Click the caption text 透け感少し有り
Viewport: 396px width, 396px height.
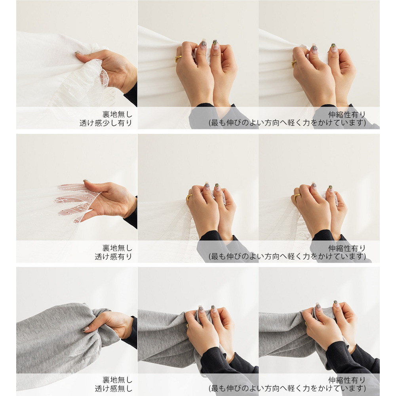pyautogui.click(x=106, y=123)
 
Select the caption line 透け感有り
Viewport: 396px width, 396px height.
pyautogui.click(x=113, y=257)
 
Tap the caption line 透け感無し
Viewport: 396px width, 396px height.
pyautogui.click(x=113, y=388)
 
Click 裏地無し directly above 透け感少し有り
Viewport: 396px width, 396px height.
pyautogui.click(x=117, y=114)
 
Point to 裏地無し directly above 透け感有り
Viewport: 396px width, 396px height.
pyautogui.click(x=117, y=248)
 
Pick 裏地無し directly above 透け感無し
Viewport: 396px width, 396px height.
pyautogui.click(x=117, y=380)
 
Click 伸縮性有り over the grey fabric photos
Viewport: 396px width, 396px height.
pyautogui.click(x=347, y=380)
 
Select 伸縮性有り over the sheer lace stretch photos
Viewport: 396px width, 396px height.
pyautogui.click(x=347, y=248)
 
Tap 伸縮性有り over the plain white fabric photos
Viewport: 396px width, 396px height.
pyautogui.click(x=347, y=114)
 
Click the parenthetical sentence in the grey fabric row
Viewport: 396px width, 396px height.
pyautogui.click(x=287, y=388)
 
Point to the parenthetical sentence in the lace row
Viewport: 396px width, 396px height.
pyautogui.click(x=287, y=257)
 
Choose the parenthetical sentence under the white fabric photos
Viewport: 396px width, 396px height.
pyautogui.click(x=287, y=123)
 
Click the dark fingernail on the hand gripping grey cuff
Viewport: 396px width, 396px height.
pyautogui.click(x=86, y=329)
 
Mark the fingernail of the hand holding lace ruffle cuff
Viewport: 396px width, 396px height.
pyautogui.click(x=77, y=53)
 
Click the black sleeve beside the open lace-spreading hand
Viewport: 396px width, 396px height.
pyautogui.click(x=131, y=215)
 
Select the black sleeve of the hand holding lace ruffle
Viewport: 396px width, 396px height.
pyautogui.click(x=131, y=95)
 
